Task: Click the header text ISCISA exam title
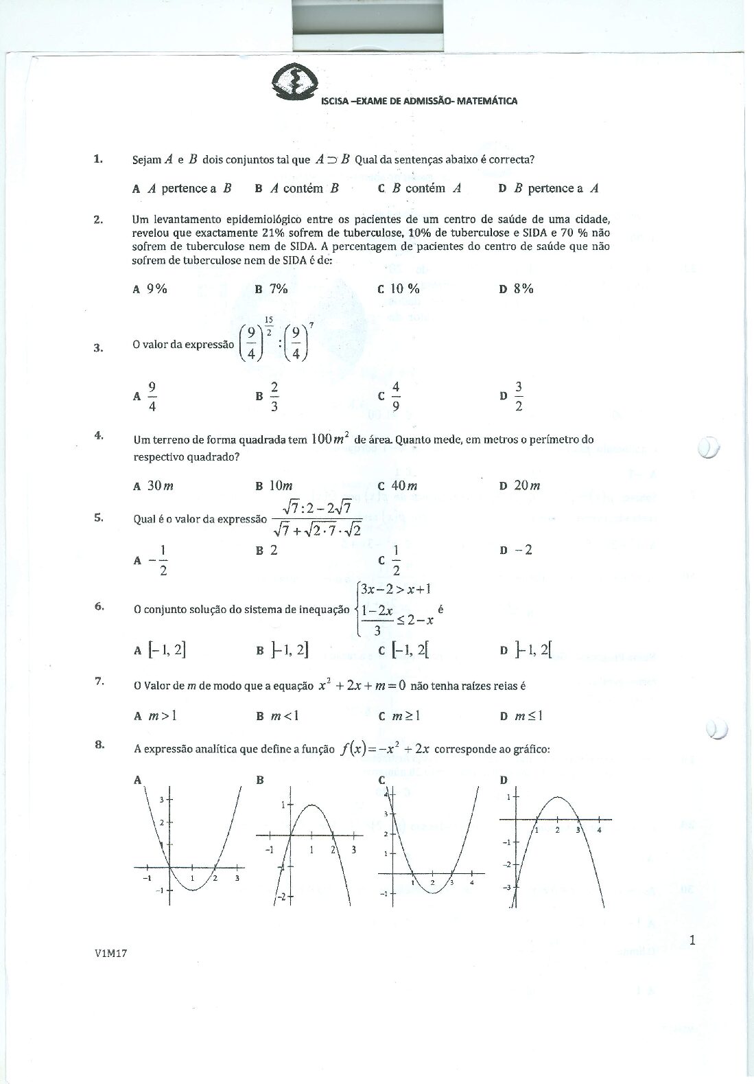tap(419, 101)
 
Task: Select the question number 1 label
tap(98, 159)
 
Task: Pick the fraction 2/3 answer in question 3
tap(274, 396)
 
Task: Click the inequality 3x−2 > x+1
tap(395, 588)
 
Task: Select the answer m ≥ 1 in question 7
tap(405, 716)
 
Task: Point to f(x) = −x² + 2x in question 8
tap(385, 748)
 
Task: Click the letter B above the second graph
tap(260, 780)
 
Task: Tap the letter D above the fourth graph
tap(504, 780)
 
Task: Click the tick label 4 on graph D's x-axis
tap(599, 830)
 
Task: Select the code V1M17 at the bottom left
tap(113, 953)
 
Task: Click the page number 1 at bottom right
tap(692, 941)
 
